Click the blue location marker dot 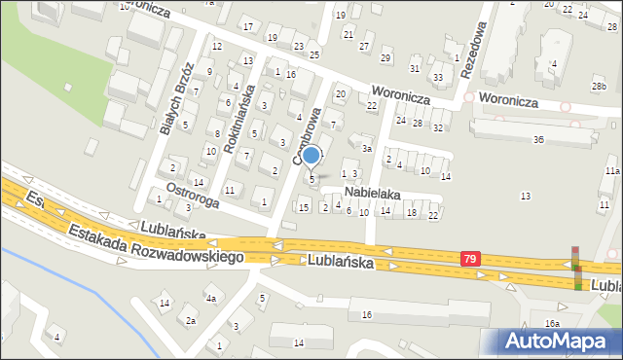(x=311, y=155)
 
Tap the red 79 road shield (x=471, y=258)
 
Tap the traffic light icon (x=575, y=269)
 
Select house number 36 (x=538, y=140)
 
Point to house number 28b (x=598, y=87)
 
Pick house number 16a (x=552, y=323)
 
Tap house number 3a (x=367, y=149)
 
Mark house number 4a (x=210, y=298)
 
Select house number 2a (x=191, y=320)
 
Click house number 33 (x=438, y=77)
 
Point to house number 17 (x=248, y=25)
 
